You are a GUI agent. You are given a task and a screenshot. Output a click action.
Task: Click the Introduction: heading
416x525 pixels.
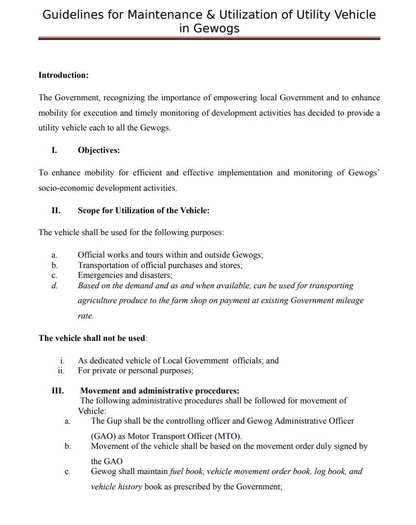[64, 75]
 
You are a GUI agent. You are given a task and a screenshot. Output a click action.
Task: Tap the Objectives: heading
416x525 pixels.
[99, 150]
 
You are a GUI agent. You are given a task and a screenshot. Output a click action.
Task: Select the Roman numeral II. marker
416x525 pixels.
[55, 210]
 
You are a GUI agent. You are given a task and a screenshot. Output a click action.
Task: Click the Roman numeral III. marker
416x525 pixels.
[57, 391]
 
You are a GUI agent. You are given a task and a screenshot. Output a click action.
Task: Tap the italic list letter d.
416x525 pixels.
[54, 286]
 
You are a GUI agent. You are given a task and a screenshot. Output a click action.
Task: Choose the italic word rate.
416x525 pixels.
[86, 316]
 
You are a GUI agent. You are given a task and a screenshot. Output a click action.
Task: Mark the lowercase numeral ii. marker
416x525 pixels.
[61, 370]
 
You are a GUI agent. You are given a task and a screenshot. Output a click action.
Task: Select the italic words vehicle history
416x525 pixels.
[117, 487]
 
